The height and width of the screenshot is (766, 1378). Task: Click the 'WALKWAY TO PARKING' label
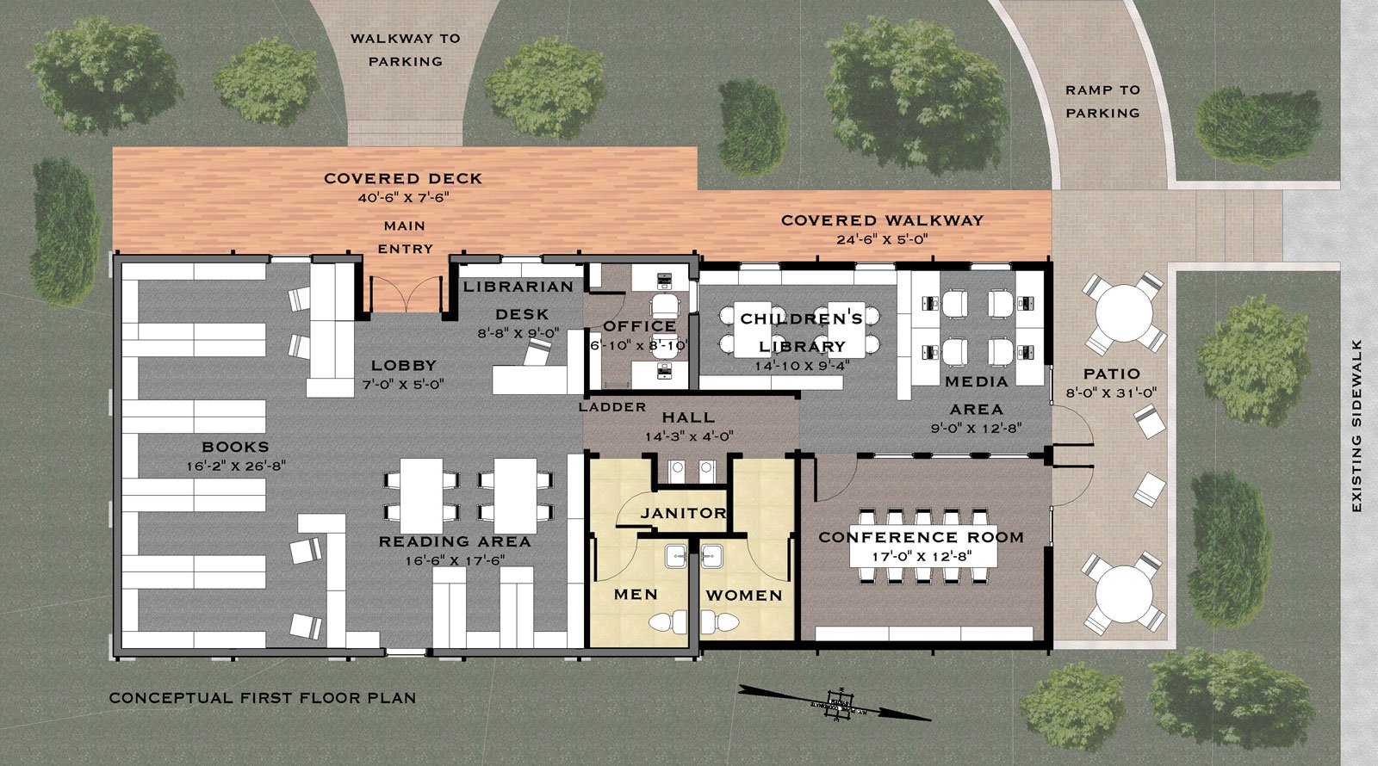[405, 50]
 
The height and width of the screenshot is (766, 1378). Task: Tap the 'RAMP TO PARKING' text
[1102, 101]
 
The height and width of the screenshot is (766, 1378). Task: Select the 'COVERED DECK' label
[403, 178]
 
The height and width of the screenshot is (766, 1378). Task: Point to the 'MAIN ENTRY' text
[405, 237]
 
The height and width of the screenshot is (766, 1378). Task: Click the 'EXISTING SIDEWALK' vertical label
[1356, 426]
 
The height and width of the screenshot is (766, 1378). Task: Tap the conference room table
[922, 544]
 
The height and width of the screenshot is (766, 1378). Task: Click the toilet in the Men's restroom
[667, 621]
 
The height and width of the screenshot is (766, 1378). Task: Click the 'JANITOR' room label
[683, 513]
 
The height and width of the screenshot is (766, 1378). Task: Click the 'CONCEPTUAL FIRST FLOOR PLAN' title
[263, 697]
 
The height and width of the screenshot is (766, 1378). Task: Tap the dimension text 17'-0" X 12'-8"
[922, 556]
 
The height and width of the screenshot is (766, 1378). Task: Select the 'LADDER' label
[612, 406]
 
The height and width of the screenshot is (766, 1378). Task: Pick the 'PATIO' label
[1112, 374]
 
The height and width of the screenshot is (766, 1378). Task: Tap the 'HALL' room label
[688, 417]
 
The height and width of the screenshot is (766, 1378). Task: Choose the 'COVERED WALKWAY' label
[882, 220]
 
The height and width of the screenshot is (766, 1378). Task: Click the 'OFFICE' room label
[639, 326]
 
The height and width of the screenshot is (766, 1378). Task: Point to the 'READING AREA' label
[455, 541]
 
